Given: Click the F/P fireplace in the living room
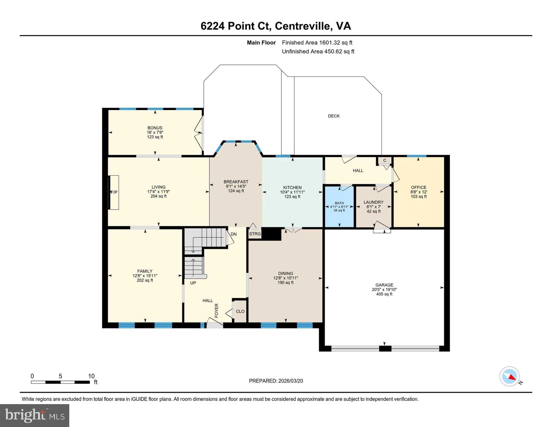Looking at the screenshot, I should pyautogui.click(x=114, y=192).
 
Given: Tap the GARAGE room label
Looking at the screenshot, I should pyautogui.click(x=384, y=285).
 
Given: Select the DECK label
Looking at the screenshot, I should pyautogui.click(x=334, y=116).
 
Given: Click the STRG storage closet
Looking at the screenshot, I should pyautogui.click(x=255, y=234).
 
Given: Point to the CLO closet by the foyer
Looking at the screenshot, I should pyautogui.click(x=240, y=311).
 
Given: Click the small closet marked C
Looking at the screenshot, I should pyautogui.click(x=385, y=160).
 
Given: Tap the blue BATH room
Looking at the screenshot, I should pyautogui.click(x=339, y=207).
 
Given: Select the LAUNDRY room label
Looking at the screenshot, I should pyautogui.click(x=373, y=202).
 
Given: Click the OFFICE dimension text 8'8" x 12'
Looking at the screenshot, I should pyautogui.click(x=419, y=192).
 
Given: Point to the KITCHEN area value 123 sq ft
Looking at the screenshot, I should pyautogui.click(x=292, y=197).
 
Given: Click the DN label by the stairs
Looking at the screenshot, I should pyautogui.click(x=233, y=234).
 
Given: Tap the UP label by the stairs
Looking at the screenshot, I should pyautogui.click(x=193, y=283).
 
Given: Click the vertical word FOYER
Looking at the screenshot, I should pyautogui.click(x=216, y=310).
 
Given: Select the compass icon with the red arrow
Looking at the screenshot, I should pyautogui.click(x=509, y=376).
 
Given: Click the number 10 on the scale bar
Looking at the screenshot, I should pyautogui.click(x=91, y=376).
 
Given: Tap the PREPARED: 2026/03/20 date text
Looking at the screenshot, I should pyautogui.click(x=276, y=381).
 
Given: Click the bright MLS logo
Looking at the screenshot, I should pyautogui.click(x=34, y=415).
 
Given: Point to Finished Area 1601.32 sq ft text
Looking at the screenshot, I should pyautogui.click(x=317, y=43).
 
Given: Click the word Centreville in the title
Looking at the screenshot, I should pyautogui.click(x=303, y=26).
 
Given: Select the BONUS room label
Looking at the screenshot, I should pyautogui.click(x=155, y=128).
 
